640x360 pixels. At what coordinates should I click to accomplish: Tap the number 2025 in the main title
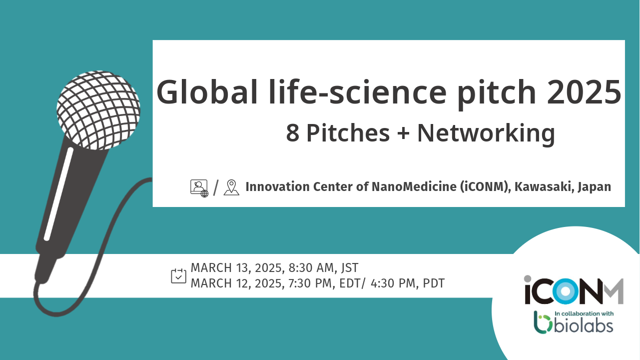click(584, 92)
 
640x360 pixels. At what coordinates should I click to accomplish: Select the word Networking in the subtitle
click(486, 133)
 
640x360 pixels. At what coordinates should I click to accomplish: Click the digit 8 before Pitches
click(293, 133)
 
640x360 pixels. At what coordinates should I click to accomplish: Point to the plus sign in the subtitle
click(403, 133)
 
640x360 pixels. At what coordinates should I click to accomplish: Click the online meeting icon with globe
click(199, 188)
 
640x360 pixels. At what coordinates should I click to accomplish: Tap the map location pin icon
click(231, 187)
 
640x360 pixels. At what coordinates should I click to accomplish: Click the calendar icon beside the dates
click(178, 276)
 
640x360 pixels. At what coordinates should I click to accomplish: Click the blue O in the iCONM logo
click(566, 291)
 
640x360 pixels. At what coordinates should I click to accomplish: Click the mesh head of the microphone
click(98, 110)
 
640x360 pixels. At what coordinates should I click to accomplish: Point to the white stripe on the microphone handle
click(58, 194)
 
